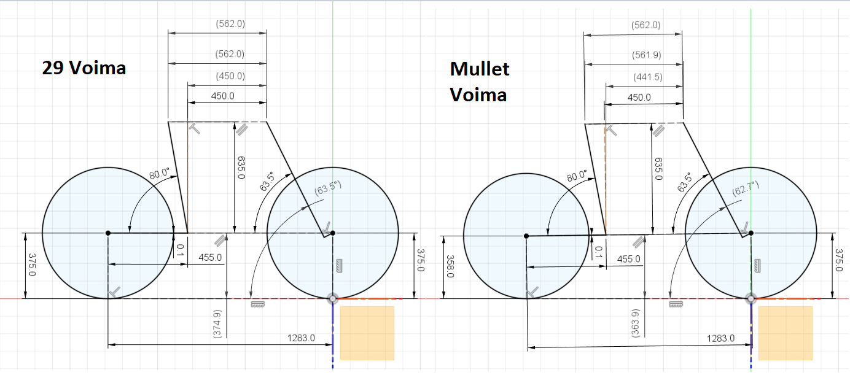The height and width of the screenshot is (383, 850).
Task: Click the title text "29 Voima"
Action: point(84,68)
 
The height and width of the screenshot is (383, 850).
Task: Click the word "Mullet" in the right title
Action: point(480,69)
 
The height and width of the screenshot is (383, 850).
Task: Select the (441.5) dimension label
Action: point(648,77)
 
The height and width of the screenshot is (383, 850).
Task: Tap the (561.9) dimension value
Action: point(647,55)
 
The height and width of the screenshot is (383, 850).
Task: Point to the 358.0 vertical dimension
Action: point(450,266)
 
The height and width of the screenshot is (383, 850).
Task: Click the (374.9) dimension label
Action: point(217,324)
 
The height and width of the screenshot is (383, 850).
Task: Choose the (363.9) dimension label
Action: point(635,323)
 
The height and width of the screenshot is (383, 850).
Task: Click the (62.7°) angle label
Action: point(746,188)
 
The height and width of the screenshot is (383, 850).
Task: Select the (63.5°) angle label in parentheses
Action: point(328,188)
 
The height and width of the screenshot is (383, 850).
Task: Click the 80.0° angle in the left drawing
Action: point(159,174)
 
